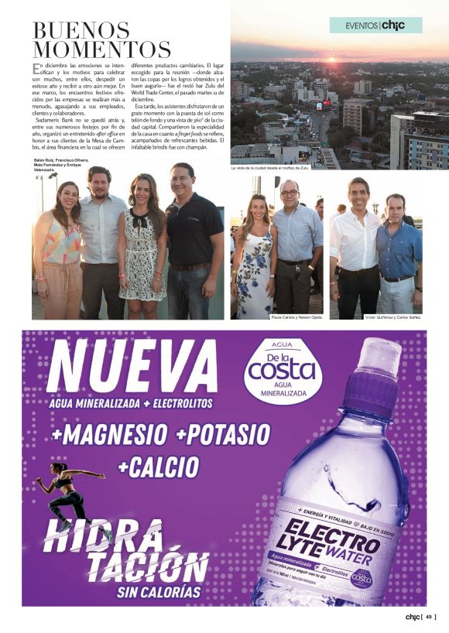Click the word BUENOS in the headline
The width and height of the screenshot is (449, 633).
tap(81, 30)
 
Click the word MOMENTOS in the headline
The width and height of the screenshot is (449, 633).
tap(101, 50)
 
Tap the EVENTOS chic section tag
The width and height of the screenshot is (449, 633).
tap(376, 26)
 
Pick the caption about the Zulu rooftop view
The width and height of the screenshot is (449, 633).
tap(269, 168)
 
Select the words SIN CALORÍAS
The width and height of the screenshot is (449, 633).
tap(158, 593)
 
